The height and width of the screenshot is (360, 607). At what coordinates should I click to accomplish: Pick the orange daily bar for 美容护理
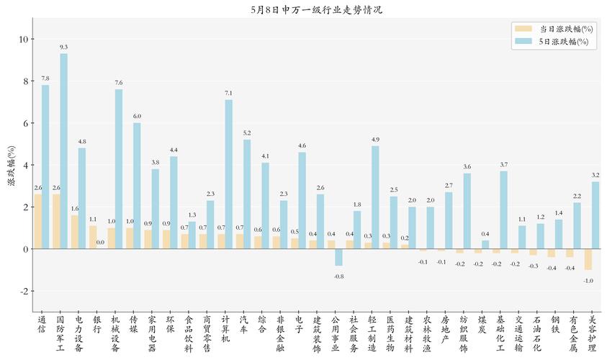coord(588,259)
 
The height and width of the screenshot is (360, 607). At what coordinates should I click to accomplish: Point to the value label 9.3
coord(64,47)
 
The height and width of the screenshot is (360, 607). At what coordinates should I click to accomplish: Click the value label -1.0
coord(588,280)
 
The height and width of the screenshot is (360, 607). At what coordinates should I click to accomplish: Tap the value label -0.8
coord(339,276)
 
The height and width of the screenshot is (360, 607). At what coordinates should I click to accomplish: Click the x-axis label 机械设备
coord(115,333)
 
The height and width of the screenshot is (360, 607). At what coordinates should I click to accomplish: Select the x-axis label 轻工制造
coord(372,333)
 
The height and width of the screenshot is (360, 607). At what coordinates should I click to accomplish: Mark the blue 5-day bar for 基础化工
coord(504,210)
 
